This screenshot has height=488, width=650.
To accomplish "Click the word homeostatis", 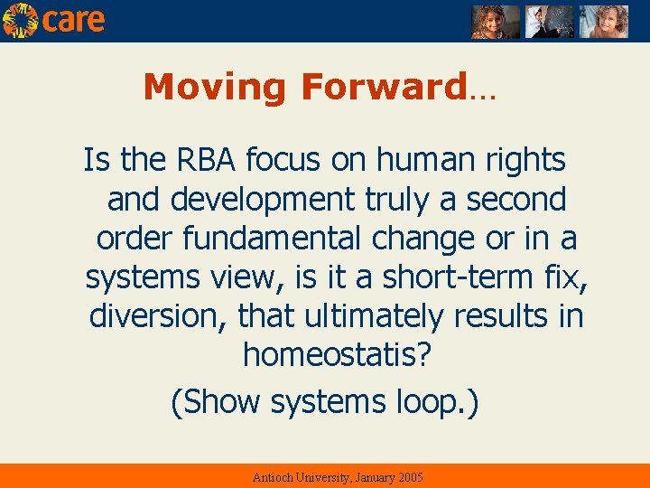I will coord(330,355).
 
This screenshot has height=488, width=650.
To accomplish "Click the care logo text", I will coord(74,20).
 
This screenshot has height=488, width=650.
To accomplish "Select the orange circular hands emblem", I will coord(20,20).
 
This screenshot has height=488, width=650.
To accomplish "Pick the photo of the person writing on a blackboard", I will coord(549,21).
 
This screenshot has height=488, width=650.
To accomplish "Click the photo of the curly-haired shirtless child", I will coord(602,21).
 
